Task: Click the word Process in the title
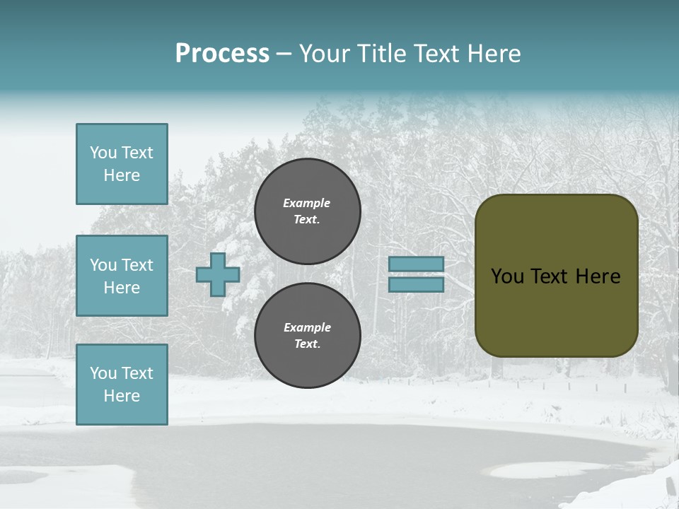pyautogui.click(x=222, y=54)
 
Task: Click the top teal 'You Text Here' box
pyautogui.click(x=122, y=164)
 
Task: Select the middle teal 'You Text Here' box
pyautogui.click(x=122, y=276)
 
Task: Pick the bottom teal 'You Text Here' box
pyautogui.click(x=122, y=385)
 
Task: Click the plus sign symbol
pyautogui.click(x=218, y=274)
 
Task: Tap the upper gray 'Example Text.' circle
pyautogui.click(x=308, y=211)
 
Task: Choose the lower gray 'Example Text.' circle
pyautogui.click(x=308, y=336)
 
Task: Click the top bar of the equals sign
pyautogui.click(x=416, y=264)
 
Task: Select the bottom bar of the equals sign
pyautogui.click(x=416, y=284)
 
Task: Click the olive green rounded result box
pyautogui.click(x=557, y=311)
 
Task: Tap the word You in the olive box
pyautogui.click(x=507, y=276)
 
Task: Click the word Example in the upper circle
pyautogui.click(x=306, y=203)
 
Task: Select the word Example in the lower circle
pyautogui.click(x=307, y=327)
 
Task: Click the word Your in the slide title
pyautogui.click(x=325, y=54)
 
